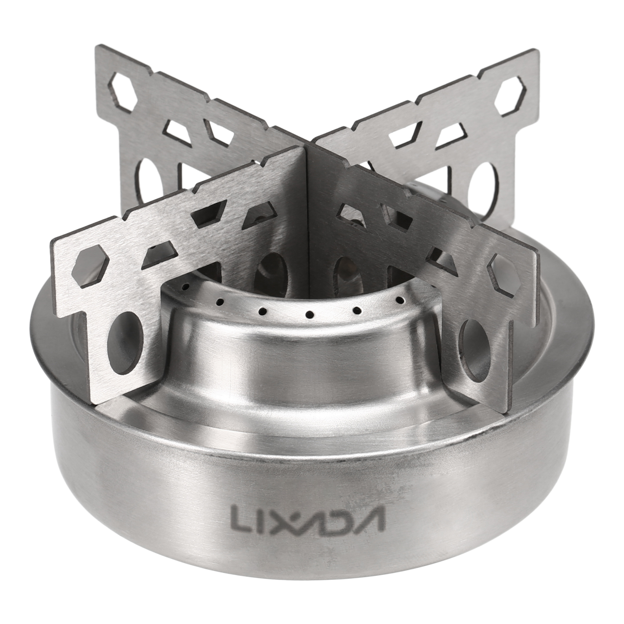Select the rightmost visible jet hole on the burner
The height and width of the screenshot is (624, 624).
point(399,299)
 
